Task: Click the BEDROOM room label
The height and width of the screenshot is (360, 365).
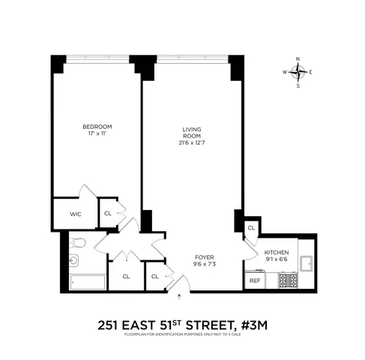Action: pyautogui.click(x=97, y=126)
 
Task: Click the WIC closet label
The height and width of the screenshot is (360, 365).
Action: pyautogui.click(x=75, y=214)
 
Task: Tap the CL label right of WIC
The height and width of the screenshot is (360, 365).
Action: pyautogui.click(x=108, y=213)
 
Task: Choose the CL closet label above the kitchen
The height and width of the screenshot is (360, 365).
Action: pyautogui.click(x=251, y=227)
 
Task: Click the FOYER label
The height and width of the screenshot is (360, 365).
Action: pyautogui.click(x=205, y=257)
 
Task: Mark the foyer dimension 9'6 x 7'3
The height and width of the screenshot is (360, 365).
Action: pyautogui.click(x=205, y=263)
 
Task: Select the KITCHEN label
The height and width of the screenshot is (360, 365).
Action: pyautogui.click(x=276, y=253)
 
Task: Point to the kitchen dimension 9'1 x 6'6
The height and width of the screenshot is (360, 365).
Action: pyautogui.click(x=276, y=260)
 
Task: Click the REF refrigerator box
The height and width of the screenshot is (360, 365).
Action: pyautogui.click(x=254, y=280)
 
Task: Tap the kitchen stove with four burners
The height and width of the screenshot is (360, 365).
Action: pyautogui.click(x=289, y=280)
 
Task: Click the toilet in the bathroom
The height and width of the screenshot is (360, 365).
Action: pyautogui.click(x=78, y=241)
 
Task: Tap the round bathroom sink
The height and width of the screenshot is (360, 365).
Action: pyautogui.click(x=73, y=261)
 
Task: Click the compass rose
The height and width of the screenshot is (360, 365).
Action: pyautogui.click(x=298, y=73)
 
